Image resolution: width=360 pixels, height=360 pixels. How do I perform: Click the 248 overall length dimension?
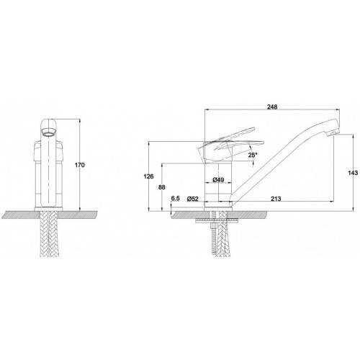(x=272, y=107)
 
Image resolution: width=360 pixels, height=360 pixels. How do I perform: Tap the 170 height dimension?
(x=80, y=165)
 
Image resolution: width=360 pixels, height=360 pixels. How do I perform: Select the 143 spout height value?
(x=353, y=173)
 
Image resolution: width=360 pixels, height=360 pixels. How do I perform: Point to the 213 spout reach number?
(x=276, y=199)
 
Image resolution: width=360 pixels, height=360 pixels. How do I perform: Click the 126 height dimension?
(x=148, y=176)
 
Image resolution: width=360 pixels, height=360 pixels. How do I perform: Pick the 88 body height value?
(x=162, y=187)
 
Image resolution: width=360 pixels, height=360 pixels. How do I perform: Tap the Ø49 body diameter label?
(x=218, y=179)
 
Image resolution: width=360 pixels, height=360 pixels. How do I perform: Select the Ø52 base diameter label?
(x=193, y=199)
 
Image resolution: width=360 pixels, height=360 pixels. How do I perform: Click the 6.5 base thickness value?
(x=175, y=198)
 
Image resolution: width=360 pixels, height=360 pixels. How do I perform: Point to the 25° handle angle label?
(x=253, y=155)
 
